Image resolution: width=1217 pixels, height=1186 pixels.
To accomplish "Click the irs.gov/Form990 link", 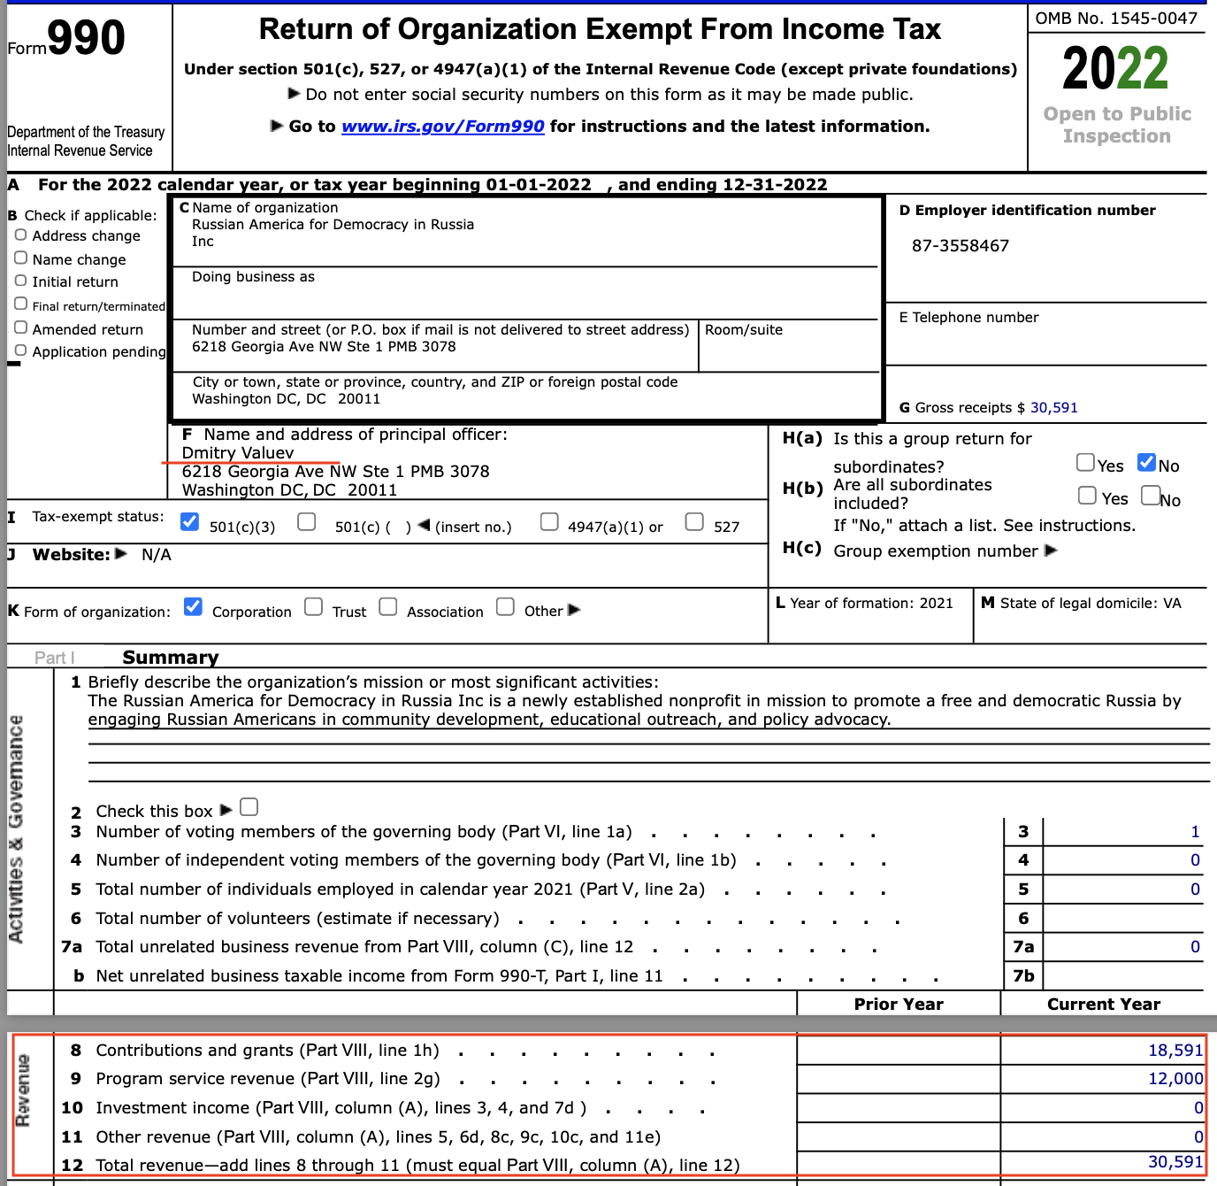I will coord(442,127).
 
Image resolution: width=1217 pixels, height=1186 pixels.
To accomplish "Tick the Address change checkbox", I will coord(20,235).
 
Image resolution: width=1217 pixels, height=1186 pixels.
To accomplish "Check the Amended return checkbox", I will coord(20,327).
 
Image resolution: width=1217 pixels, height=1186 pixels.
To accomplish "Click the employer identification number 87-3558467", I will coord(960,246).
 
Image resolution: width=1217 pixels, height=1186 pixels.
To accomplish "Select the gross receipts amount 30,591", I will coord(1053,408).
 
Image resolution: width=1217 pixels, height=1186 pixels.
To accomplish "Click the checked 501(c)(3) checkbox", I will coord(189,521).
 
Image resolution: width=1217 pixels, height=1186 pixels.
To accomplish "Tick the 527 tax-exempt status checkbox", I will coord(694,521).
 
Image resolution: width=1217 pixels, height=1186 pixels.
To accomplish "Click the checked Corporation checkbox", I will coord(193,606).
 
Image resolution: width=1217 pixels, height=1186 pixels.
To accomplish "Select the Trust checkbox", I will coord(313,606).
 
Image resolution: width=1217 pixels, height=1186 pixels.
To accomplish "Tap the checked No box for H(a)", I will coord(1146,461).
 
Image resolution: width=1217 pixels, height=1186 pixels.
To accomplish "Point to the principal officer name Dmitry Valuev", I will coord(237,453).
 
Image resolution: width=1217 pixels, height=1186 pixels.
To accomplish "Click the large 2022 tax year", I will coord(1115,69).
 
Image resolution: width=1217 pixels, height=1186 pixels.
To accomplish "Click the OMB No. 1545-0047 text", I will coord(1116,19).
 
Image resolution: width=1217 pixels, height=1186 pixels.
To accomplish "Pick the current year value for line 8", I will coord(1175,1051).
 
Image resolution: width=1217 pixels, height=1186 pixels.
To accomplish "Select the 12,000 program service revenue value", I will coord(1175,1079).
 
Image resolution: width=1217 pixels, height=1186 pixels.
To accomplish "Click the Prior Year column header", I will coord(899,1005).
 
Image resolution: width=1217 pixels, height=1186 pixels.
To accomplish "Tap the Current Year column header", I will coord(1103,1005).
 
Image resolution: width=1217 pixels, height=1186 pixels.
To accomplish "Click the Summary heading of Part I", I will coord(170,658).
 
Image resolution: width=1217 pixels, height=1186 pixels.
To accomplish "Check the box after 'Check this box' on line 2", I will coord(249,807).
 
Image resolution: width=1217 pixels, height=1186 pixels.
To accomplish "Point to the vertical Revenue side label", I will coord(23,1090).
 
